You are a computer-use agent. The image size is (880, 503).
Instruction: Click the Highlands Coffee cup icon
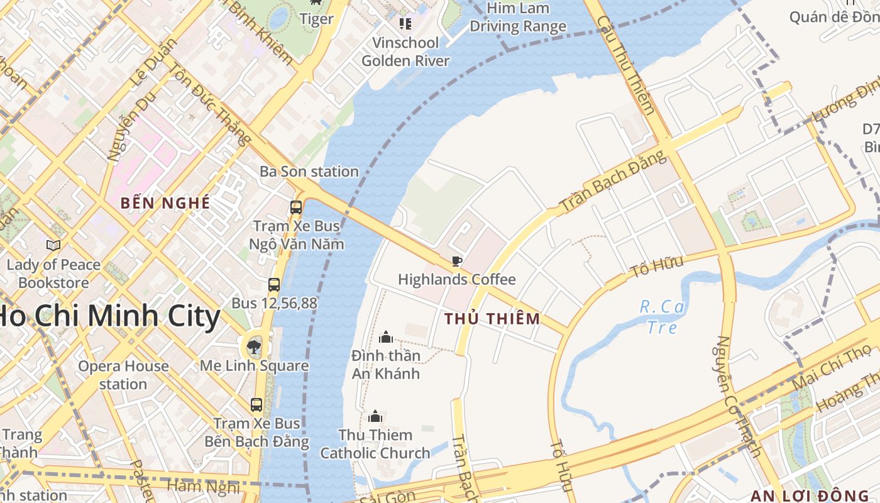[457, 261]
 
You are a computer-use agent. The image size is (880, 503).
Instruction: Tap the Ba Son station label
[309, 171]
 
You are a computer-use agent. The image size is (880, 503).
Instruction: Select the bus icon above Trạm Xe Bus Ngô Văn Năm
[295, 206]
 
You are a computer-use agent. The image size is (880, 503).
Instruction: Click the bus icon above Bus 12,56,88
[274, 284]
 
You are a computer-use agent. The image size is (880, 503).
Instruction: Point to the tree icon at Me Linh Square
[254, 346]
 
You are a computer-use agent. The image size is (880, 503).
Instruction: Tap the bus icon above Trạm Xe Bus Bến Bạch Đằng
[256, 405]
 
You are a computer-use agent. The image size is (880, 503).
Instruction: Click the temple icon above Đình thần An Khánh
[386, 338]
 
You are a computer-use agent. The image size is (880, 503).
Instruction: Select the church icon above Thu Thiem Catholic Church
[375, 416]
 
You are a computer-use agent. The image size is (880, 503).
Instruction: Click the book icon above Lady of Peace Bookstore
[53, 246]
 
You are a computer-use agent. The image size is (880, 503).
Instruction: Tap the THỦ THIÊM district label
[492, 319]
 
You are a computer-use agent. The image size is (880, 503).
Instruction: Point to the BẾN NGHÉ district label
[165, 203]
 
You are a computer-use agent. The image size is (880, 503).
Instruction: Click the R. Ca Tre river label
[662, 317]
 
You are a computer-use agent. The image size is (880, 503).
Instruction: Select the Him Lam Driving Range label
[518, 18]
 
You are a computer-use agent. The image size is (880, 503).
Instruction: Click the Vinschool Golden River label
[405, 52]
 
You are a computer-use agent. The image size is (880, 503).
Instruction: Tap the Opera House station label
[123, 375]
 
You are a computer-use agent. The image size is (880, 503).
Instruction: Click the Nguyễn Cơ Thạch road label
[738, 396]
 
